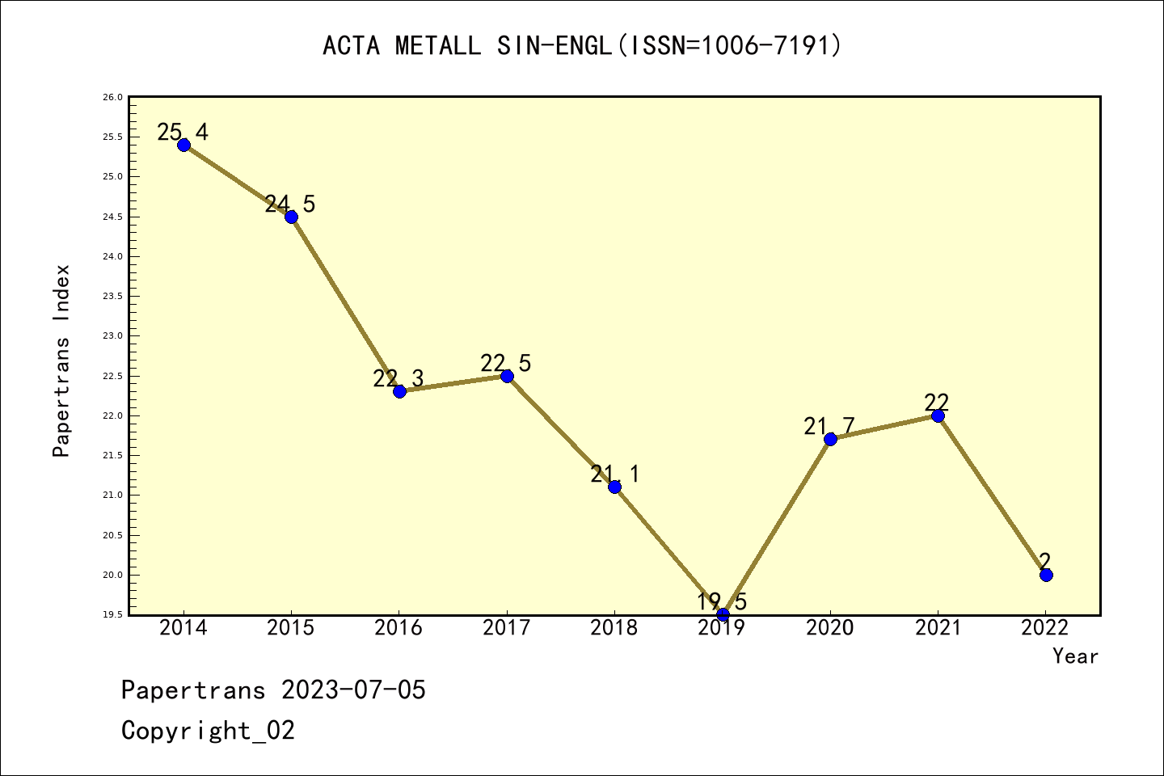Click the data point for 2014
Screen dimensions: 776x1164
click(x=183, y=145)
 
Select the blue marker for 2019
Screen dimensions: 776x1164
click(x=723, y=614)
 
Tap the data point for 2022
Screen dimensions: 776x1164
click(x=1046, y=575)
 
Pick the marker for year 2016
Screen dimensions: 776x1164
click(x=399, y=391)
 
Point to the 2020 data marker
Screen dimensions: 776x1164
click(x=830, y=439)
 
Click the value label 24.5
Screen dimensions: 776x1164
click(x=290, y=204)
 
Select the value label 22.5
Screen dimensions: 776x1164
click(x=506, y=363)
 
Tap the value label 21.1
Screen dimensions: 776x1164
click(x=614, y=474)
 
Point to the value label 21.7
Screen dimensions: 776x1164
click(x=829, y=426)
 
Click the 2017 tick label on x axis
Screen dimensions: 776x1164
click(x=507, y=628)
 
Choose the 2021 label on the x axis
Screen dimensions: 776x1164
click(x=938, y=628)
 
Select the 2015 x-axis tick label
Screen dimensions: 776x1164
click(x=291, y=628)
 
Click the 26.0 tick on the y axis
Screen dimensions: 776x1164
click(x=112, y=98)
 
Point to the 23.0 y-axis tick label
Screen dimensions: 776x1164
click(x=112, y=336)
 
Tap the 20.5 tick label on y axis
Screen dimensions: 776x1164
click(x=112, y=535)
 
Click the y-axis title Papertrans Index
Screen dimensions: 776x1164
click(x=61, y=361)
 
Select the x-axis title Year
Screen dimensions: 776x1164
click(x=1075, y=656)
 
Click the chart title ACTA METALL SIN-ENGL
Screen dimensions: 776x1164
click(x=582, y=45)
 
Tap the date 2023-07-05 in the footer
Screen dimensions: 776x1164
click(x=353, y=690)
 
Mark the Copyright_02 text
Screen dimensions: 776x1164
click(x=209, y=731)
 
